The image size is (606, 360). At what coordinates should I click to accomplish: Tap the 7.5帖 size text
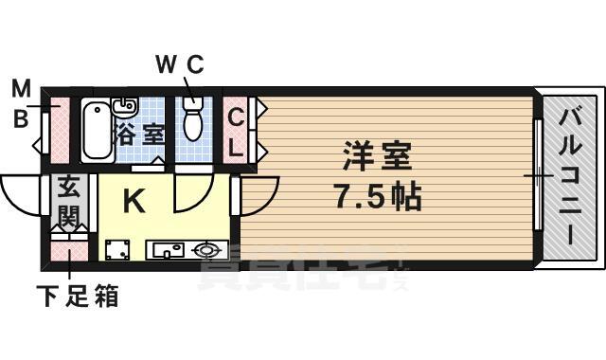[x=376, y=196]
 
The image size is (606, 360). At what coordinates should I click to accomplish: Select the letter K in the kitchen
[x=134, y=201]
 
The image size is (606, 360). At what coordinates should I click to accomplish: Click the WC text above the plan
[x=179, y=64]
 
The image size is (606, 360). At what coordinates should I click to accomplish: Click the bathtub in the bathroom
[x=95, y=131]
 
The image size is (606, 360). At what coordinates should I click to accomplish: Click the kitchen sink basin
[x=169, y=251]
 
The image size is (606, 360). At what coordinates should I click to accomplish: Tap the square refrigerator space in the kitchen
[x=117, y=250]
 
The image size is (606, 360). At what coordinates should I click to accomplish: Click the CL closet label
[x=235, y=134]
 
